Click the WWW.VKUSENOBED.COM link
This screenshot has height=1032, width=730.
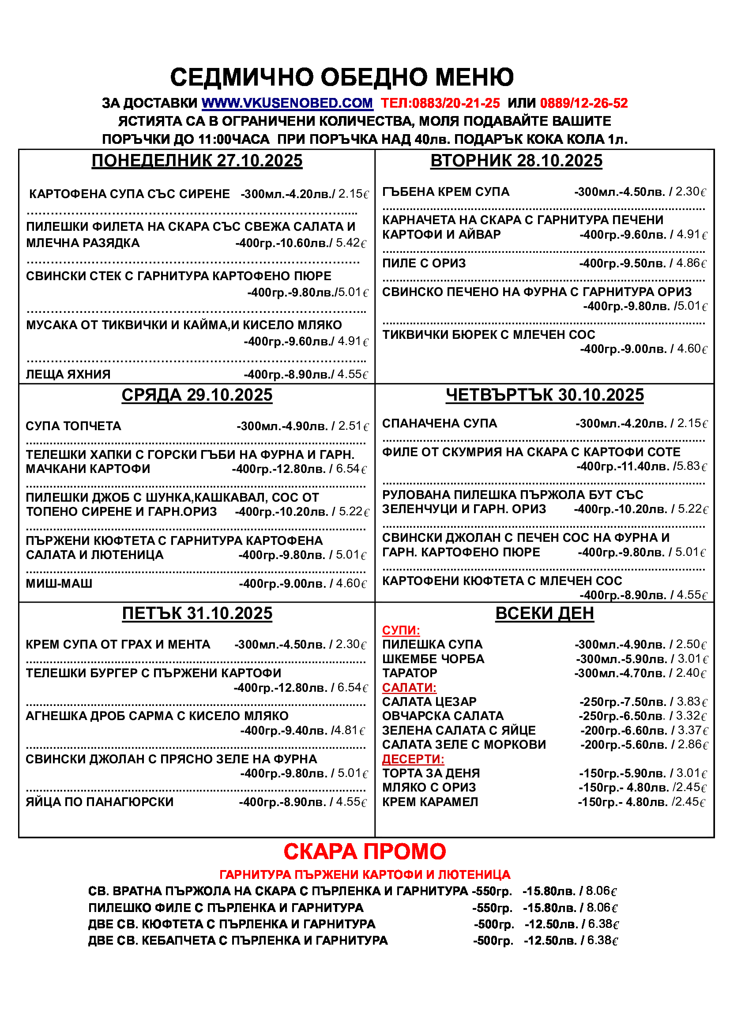click(287, 103)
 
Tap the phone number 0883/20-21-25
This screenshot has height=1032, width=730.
click(455, 103)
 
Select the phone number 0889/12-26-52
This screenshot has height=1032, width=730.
click(583, 103)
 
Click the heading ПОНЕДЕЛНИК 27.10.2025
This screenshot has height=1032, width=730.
click(197, 161)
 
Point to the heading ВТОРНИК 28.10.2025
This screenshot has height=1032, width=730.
click(516, 161)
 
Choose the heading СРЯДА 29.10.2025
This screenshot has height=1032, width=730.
click(197, 395)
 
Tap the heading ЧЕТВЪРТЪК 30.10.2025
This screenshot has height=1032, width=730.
click(544, 395)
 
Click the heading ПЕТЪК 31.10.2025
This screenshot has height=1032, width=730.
click(197, 614)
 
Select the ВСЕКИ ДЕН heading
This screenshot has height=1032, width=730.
click(544, 614)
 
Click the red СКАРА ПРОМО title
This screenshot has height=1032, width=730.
click(365, 852)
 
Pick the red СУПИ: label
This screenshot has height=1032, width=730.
click(401, 630)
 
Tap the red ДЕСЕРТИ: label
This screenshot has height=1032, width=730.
click(413, 759)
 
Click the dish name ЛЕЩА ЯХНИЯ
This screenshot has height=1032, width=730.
click(68, 375)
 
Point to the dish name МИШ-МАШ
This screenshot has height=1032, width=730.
click(59, 583)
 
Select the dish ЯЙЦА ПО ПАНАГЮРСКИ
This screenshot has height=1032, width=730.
click(99, 802)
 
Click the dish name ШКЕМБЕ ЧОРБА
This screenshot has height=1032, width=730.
click(433, 659)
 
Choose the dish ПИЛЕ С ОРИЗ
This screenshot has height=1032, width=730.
click(423, 263)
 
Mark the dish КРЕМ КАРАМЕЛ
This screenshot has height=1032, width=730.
click(430, 802)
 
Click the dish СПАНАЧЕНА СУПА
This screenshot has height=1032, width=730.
click(439, 424)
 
